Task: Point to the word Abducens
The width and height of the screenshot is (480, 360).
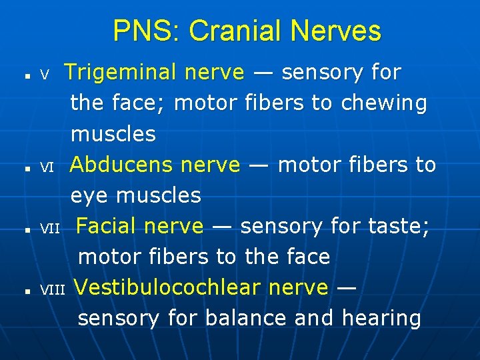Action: pyautogui.click(x=122, y=164)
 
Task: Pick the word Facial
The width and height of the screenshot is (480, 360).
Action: pyautogui.click(x=107, y=227)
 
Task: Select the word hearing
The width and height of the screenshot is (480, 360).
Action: pyautogui.click(x=381, y=319)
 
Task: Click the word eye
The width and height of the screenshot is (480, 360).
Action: pyautogui.click(x=90, y=196)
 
